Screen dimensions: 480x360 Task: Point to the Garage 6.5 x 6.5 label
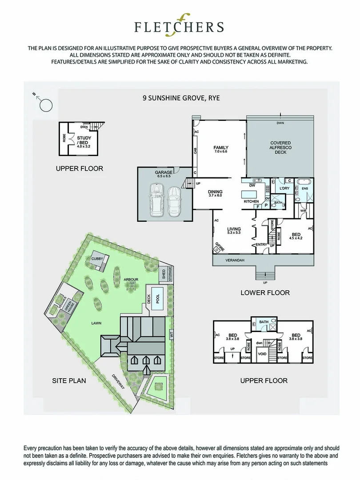164,174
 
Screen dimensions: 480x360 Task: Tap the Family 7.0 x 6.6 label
220,149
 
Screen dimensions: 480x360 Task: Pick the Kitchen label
251,201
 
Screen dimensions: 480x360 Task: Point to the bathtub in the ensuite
305,181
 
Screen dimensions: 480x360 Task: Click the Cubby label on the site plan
97,258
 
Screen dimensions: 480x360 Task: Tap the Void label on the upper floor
262,355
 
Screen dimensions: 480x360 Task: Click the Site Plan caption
69,380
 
